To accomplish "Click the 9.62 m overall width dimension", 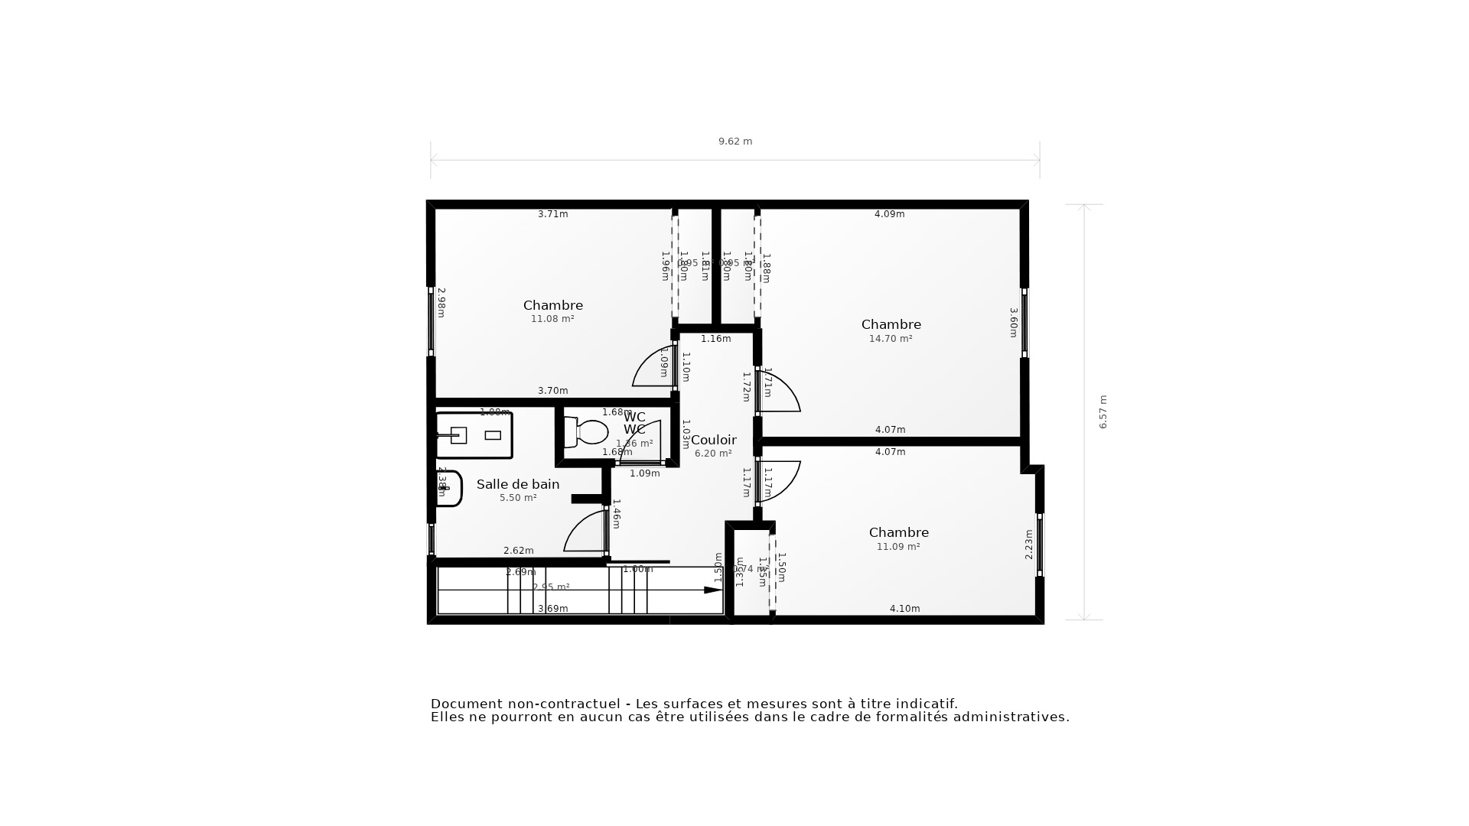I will [734, 141].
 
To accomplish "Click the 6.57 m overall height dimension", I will [1103, 411].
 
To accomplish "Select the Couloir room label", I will [713, 440].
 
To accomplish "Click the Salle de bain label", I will [518, 484].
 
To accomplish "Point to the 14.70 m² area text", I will [891, 339].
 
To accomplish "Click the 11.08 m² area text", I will [552, 319].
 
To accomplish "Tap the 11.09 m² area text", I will [898, 547].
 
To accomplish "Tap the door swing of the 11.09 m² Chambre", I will [780, 480].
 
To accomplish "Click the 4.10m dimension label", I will [904, 609].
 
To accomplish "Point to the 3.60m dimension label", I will [1013, 322].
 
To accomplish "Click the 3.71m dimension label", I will [552, 214].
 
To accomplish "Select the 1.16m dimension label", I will [715, 339].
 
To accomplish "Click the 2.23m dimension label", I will [1028, 544].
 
